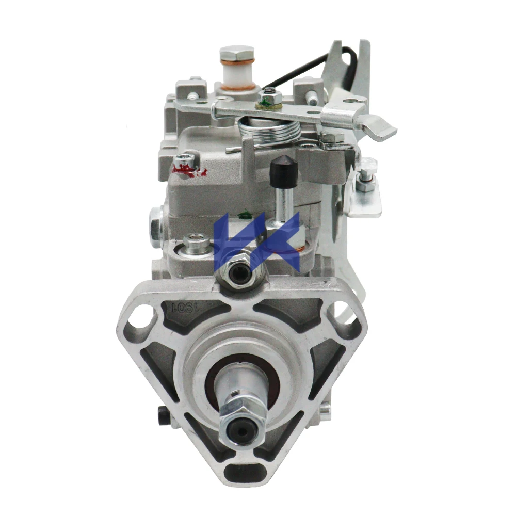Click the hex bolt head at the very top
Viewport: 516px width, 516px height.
click(x=237, y=53)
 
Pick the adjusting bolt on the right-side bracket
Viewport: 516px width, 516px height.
click(x=368, y=175)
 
